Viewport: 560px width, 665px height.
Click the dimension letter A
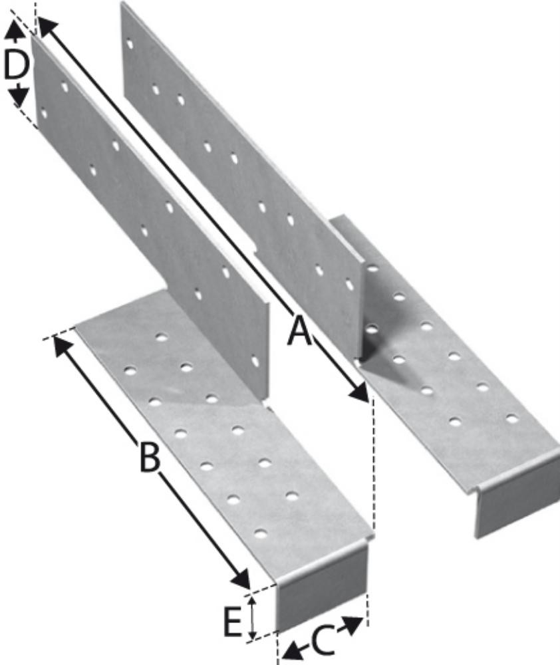coord(299,332)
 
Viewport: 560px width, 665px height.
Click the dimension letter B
coord(150,457)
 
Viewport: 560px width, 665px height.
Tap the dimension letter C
coord(323,640)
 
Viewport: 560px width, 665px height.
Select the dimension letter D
coord(17,65)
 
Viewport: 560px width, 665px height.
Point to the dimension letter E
coord(233,621)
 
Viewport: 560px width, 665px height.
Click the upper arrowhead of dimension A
coord(47,28)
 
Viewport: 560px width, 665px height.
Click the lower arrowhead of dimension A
coord(359,392)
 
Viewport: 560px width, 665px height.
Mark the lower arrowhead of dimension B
coord(241,579)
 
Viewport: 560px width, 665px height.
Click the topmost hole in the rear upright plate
coord(130,44)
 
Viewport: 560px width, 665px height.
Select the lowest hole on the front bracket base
coord(261,533)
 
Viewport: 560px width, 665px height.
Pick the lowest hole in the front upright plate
coord(255,362)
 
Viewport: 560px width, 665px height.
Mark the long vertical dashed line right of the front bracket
coord(373,463)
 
